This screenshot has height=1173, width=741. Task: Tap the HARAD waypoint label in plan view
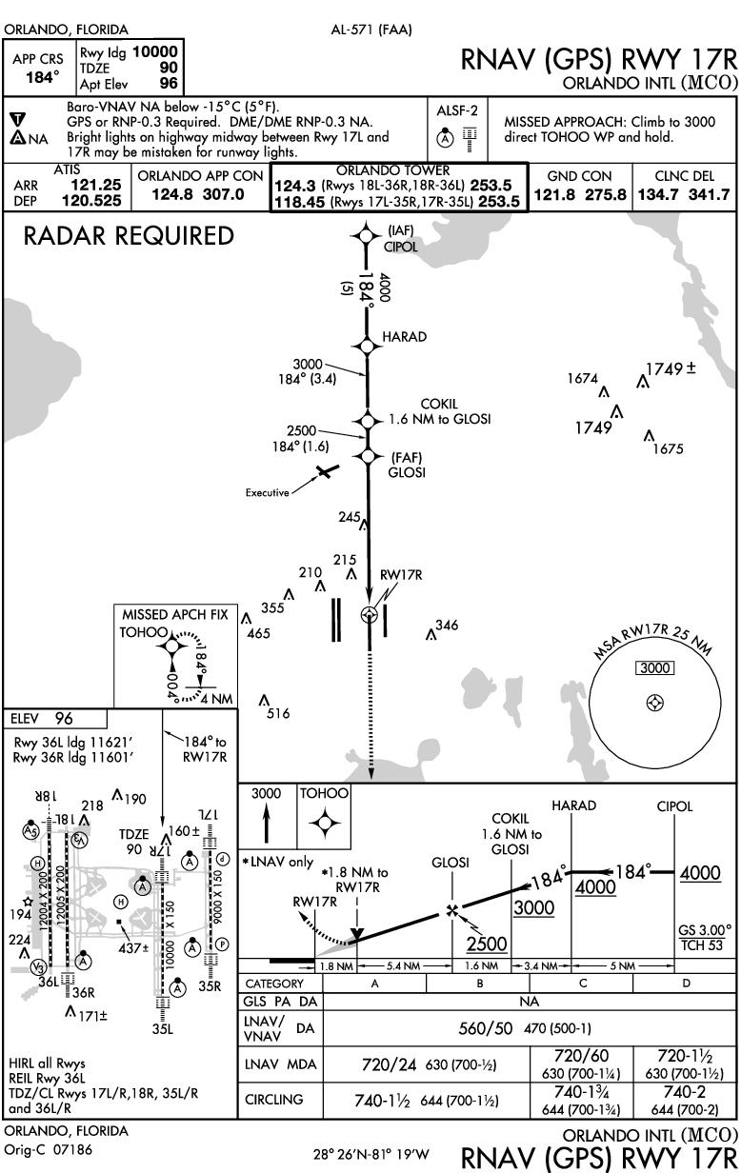coord(404,337)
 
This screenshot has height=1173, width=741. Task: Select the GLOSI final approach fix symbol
coord(367,456)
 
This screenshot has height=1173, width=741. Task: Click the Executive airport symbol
coord(326,471)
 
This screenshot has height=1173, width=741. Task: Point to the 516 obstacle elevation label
coord(278,712)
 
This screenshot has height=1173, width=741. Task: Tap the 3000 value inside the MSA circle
coord(654,668)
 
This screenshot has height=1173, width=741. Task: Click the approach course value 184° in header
coord(42,77)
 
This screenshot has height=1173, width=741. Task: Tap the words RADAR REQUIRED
coord(129,236)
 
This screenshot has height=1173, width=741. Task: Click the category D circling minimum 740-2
coord(686,1092)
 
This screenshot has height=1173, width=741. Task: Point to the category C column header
coord(582,984)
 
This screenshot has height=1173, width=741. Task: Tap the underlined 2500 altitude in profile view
coord(486,944)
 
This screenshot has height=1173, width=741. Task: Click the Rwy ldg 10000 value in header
coord(155,53)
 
